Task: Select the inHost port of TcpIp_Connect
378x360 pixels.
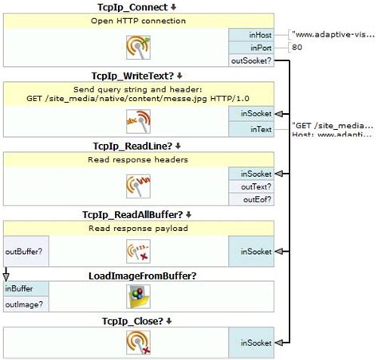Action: click(x=251, y=34)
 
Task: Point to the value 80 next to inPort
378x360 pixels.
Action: click(x=297, y=47)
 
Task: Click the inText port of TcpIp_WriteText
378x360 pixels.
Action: click(x=251, y=129)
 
